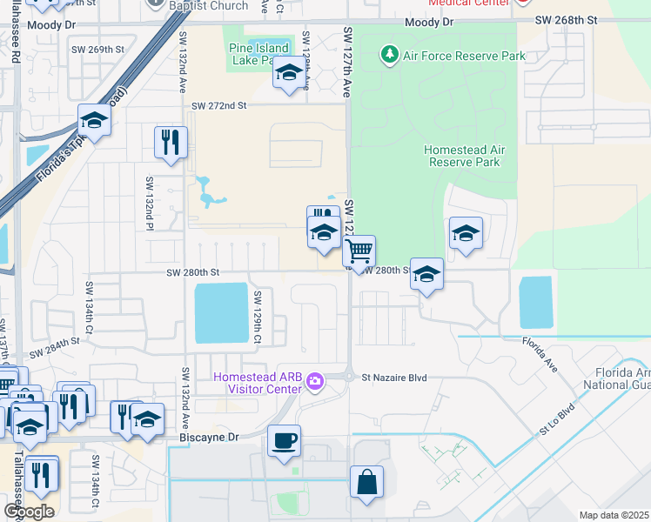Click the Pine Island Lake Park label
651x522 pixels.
coord(258,54)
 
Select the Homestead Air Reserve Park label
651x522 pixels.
coord(464,156)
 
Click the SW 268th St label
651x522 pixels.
coord(567,19)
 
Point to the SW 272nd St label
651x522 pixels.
coord(220,105)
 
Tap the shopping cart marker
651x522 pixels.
coord(359,251)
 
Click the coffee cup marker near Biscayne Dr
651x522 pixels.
coord(284,440)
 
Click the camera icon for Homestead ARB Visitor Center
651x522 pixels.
coord(314,381)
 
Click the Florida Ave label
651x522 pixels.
coord(539,352)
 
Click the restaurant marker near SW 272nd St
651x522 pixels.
coord(171,142)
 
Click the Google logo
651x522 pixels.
coord(29,512)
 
